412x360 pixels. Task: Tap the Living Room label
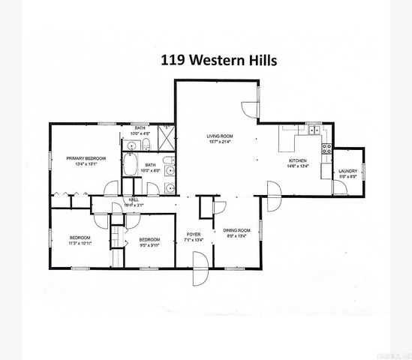point(218,136)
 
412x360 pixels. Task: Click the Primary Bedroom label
point(86,158)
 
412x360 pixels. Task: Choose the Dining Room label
point(236,230)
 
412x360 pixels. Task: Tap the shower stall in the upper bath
point(170,136)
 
